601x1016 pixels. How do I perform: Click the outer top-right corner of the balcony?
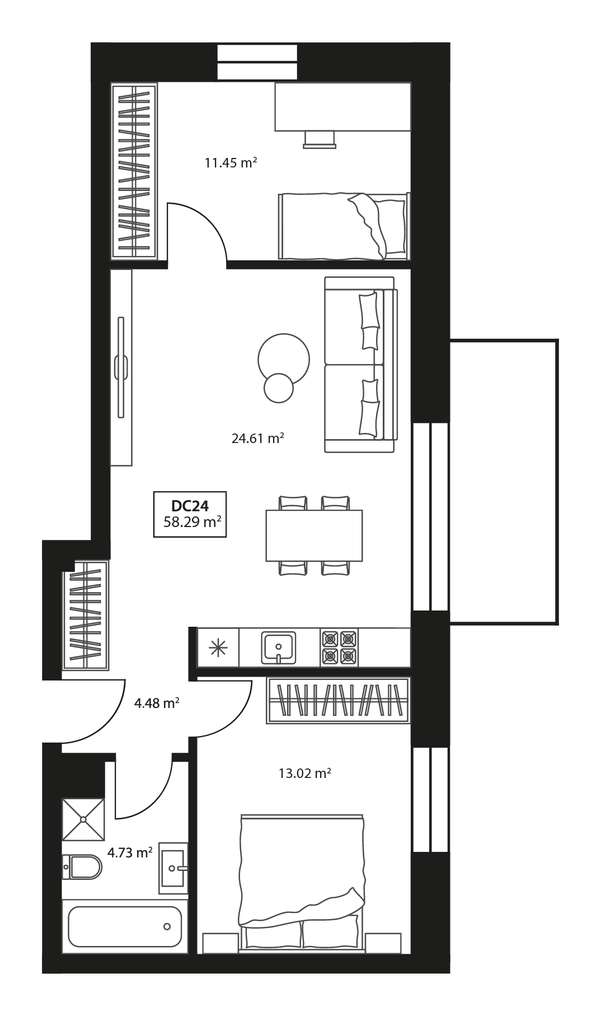558,339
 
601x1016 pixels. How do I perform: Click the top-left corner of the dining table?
266,510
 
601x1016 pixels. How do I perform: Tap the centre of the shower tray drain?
83,819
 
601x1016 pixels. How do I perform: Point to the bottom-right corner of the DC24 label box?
226,537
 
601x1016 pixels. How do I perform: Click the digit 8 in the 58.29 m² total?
173,523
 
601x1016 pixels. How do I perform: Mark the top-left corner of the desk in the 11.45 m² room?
275,83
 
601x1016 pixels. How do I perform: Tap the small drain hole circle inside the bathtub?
167,926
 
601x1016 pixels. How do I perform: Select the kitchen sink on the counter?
279,647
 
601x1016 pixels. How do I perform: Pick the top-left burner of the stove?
330,638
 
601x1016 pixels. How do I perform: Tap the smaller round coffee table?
279,388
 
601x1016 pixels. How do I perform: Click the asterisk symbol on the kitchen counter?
218,647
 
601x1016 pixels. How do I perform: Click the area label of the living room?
258,438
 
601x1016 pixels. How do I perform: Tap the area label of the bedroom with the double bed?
305,773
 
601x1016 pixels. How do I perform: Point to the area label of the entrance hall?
157,702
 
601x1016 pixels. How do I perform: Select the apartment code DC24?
190,506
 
